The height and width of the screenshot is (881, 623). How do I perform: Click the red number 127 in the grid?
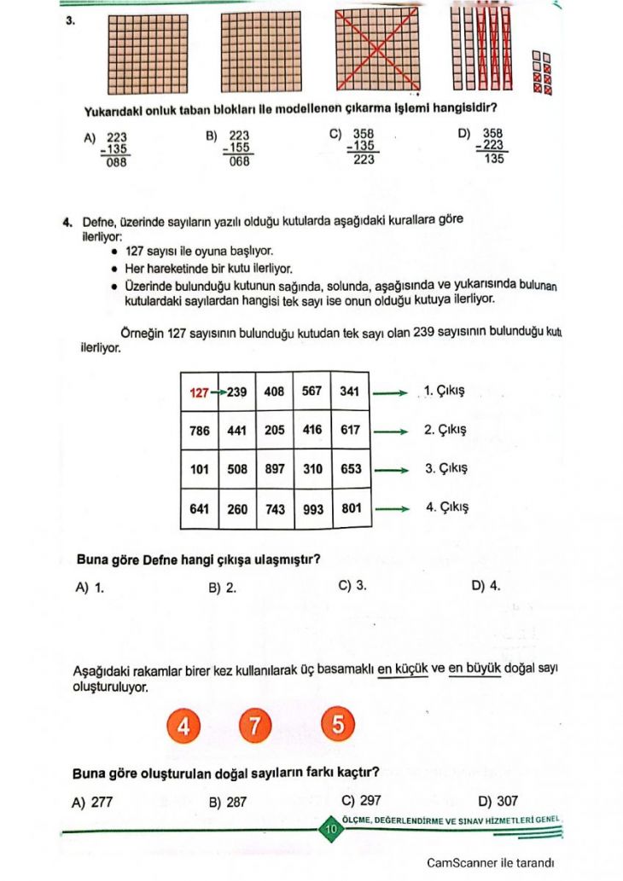(199, 392)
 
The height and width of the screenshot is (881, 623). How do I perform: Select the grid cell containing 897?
(275, 469)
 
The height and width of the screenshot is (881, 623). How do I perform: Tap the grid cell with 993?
(312, 509)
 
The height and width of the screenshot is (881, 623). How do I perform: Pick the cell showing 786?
(199, 431)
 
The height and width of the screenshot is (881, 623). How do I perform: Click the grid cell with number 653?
(350, 469)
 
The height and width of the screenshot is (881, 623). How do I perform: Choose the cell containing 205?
(275, 431)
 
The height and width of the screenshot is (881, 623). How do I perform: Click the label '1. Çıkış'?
(444, 392)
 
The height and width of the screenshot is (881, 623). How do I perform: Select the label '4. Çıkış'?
(446, 507)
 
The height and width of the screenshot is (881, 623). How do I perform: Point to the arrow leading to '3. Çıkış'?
(392, 469)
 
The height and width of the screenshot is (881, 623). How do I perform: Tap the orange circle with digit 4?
(182, 726)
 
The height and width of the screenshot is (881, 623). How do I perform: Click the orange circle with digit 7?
(253, 726)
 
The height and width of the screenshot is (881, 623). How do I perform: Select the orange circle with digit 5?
(337, 726)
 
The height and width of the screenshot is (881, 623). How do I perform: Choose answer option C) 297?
(360, 800)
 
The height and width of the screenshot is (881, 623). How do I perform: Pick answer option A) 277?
(93, 801)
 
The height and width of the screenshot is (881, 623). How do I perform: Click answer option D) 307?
(498, 801)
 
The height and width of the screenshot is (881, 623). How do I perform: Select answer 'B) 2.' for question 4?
(222, 587)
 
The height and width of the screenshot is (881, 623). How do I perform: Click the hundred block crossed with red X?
(375, 49)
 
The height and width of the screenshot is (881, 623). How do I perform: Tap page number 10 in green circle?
(329, 827)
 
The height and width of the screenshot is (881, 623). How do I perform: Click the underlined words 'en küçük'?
(402, 669)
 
